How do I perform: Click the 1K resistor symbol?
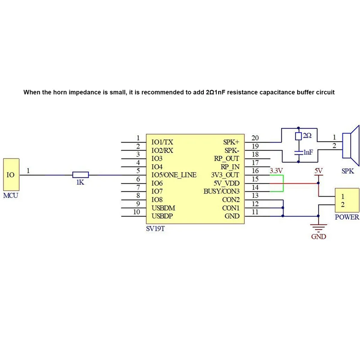click(x=81, y=175)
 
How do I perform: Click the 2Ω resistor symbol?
click(x=298, y=136)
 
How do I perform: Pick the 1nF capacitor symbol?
click(x=298, y=152)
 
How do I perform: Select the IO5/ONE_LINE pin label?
click(x=174, y=175)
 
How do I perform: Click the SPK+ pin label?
click(x=231, y=142)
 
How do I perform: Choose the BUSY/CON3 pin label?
click(x=222, y=192)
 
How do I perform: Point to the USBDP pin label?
click(x=162, y=216)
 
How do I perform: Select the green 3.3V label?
click(x=275, y=171)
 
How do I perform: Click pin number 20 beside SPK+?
click(x=255, y=138)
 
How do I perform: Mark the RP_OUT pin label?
click(x=227, y=159)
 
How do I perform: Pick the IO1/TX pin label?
click(x=162, y=142)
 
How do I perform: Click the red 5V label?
click(x=318, y=171)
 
